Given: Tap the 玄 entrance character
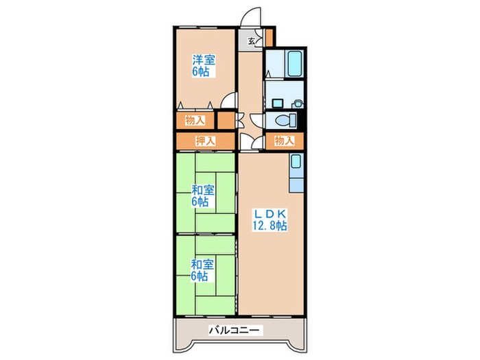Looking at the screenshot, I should coord(251,42).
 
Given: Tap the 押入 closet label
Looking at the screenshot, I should coord(205,141).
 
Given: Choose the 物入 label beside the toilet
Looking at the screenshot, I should coord(284,141).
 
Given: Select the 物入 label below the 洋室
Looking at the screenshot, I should coord(195,121).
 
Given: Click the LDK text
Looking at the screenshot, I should coord(268,213).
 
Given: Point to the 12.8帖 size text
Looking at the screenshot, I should coord(268,225).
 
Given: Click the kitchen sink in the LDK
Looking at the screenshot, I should coord(295,163).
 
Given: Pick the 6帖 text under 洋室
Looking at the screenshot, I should coord(200,72).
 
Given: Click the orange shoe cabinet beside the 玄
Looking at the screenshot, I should coord(269,36).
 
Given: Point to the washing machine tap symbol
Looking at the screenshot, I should coord(298,103).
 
